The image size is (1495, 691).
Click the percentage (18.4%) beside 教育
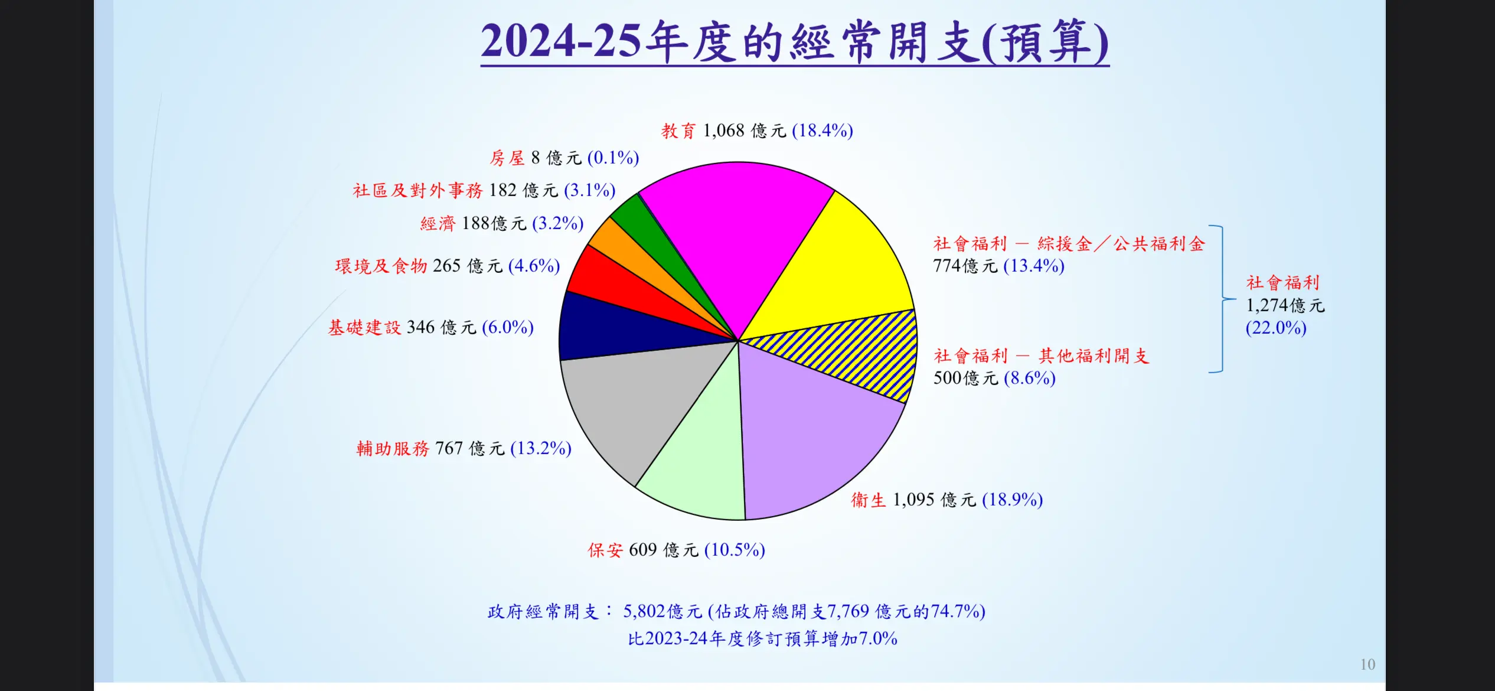pyautogui.click(x=822, y=131)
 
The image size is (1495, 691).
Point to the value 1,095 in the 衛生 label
pyautogui.click(x=913, y=500)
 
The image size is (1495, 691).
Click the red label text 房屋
pyautogui.click(x=507, y=158)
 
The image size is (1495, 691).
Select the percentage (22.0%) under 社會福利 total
pyautogui.click(x=1276, y=328)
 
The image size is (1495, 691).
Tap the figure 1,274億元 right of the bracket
pyautogui.click(x=1285, y=305)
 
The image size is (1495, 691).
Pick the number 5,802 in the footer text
pyautogui.click(x=644, y=611)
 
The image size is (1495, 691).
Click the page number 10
pyautogui.click(x=1367, y=665)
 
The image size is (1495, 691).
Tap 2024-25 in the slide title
pyautogui.click(x=560, y=41)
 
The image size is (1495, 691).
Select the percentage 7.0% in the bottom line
pyautogui.click(x=878, y=638)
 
